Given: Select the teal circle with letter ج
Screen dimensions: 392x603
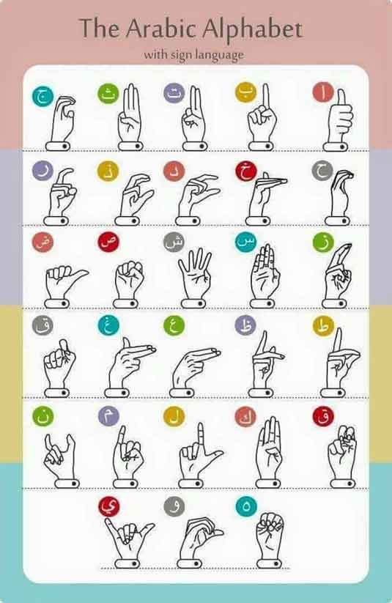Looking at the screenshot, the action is (x=42, y=96).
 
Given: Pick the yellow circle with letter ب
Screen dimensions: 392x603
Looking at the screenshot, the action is (x=245, y=92).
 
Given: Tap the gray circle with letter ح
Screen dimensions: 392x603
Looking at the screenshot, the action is (x=322, y=171).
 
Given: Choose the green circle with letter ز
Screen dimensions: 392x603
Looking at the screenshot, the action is (x=322, y=243).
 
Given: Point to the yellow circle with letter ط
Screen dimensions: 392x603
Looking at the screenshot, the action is (x=323, y=327).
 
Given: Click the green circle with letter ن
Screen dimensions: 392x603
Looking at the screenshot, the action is (x=42, y=416).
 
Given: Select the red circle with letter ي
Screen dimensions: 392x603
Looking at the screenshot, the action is (x=109, y=506).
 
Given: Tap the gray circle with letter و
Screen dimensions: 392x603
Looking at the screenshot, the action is (x=174, y=506).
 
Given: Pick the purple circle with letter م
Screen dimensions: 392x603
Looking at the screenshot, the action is (x=108, y=415).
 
